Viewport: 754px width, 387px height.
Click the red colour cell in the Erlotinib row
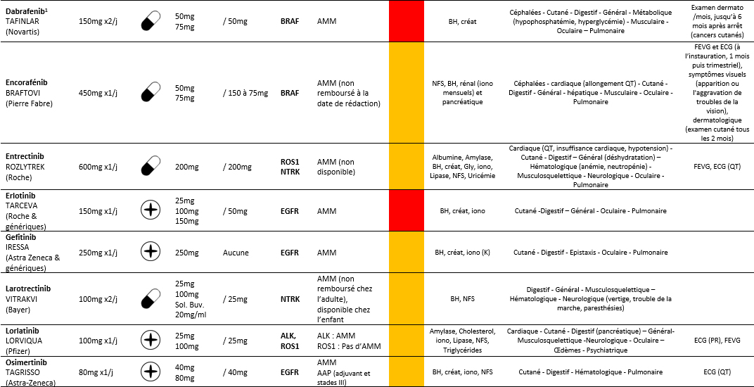point(406,210)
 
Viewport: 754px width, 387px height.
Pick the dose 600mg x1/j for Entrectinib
point(98,167)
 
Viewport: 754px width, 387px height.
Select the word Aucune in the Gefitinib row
point(236,253)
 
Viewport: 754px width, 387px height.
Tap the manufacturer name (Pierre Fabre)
point(28,103)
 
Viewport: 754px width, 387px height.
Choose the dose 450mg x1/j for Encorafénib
point(98,93)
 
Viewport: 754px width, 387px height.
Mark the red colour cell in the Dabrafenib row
point(406,21)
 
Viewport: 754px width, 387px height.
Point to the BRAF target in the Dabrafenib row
point(288,22)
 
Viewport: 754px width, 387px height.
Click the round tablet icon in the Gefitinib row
point(149,252)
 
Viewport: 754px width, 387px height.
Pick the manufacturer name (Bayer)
point(18,309)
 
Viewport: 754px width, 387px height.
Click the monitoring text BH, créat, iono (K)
point(462,253)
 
